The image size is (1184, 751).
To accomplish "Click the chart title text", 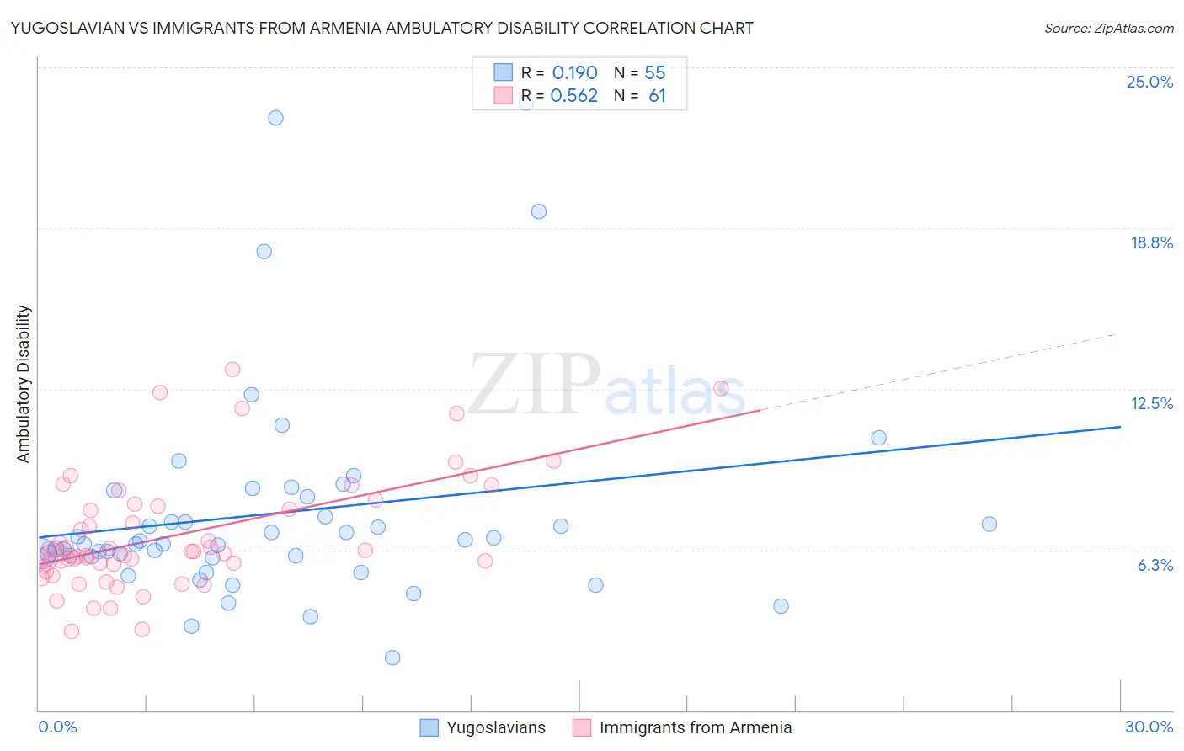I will click(381, 28).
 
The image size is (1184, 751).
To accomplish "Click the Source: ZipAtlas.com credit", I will click(1108, 28).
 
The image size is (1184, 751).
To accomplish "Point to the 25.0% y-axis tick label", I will click(1149, 82).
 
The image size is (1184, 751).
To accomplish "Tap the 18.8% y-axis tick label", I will click(1151, 242).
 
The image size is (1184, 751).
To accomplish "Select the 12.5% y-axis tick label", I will click(1151, 403).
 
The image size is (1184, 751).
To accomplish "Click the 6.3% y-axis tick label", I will click(1155, 565).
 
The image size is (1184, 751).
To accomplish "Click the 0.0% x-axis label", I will click(57, 727).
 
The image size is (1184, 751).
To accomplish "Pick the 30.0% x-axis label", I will click(1149, 727).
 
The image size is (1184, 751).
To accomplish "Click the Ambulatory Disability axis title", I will click(24, 383).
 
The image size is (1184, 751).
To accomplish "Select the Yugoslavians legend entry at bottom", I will click(495, 727).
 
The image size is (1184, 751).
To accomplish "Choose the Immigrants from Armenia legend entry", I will click(695, 727).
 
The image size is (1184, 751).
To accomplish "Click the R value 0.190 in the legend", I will click(574, 73).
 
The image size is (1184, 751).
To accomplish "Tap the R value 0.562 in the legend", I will click(573, 96).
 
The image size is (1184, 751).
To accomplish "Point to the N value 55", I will click(654, 73).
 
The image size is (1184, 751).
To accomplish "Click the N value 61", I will click(657, 96).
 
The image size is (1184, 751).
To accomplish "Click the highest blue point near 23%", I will click(275, 118).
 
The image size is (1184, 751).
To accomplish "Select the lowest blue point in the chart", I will click(392, 658).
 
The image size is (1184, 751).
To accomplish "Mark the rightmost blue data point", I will click(989, 524).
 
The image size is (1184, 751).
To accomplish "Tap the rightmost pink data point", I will click(721, 388).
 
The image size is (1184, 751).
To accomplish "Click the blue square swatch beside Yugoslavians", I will click(429, 727).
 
